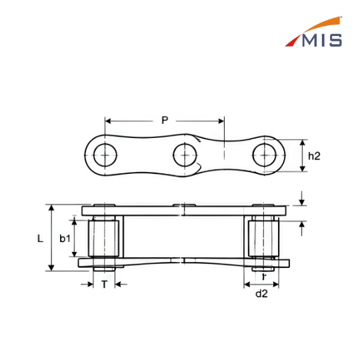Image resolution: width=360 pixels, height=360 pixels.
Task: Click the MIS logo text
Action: click(x=322, y=41)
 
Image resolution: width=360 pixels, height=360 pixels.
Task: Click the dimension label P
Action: click(x=165, y=120)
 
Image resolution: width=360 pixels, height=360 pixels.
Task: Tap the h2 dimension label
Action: click(x=314, y=156)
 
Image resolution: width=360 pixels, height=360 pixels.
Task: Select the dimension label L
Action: click(x=40, y=239)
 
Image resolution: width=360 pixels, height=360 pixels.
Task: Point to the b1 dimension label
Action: click(x=65, y=239)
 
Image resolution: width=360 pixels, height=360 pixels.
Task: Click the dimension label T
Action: click(x=105, y=285)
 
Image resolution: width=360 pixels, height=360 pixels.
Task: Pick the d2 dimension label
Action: click(x=261, y=293)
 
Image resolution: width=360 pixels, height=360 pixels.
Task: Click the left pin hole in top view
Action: click(x=105, y=155)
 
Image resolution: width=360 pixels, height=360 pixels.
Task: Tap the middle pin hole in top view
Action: click(x=185, y=155)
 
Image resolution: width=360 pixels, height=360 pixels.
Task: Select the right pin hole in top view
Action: click(x=264, y=155)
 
